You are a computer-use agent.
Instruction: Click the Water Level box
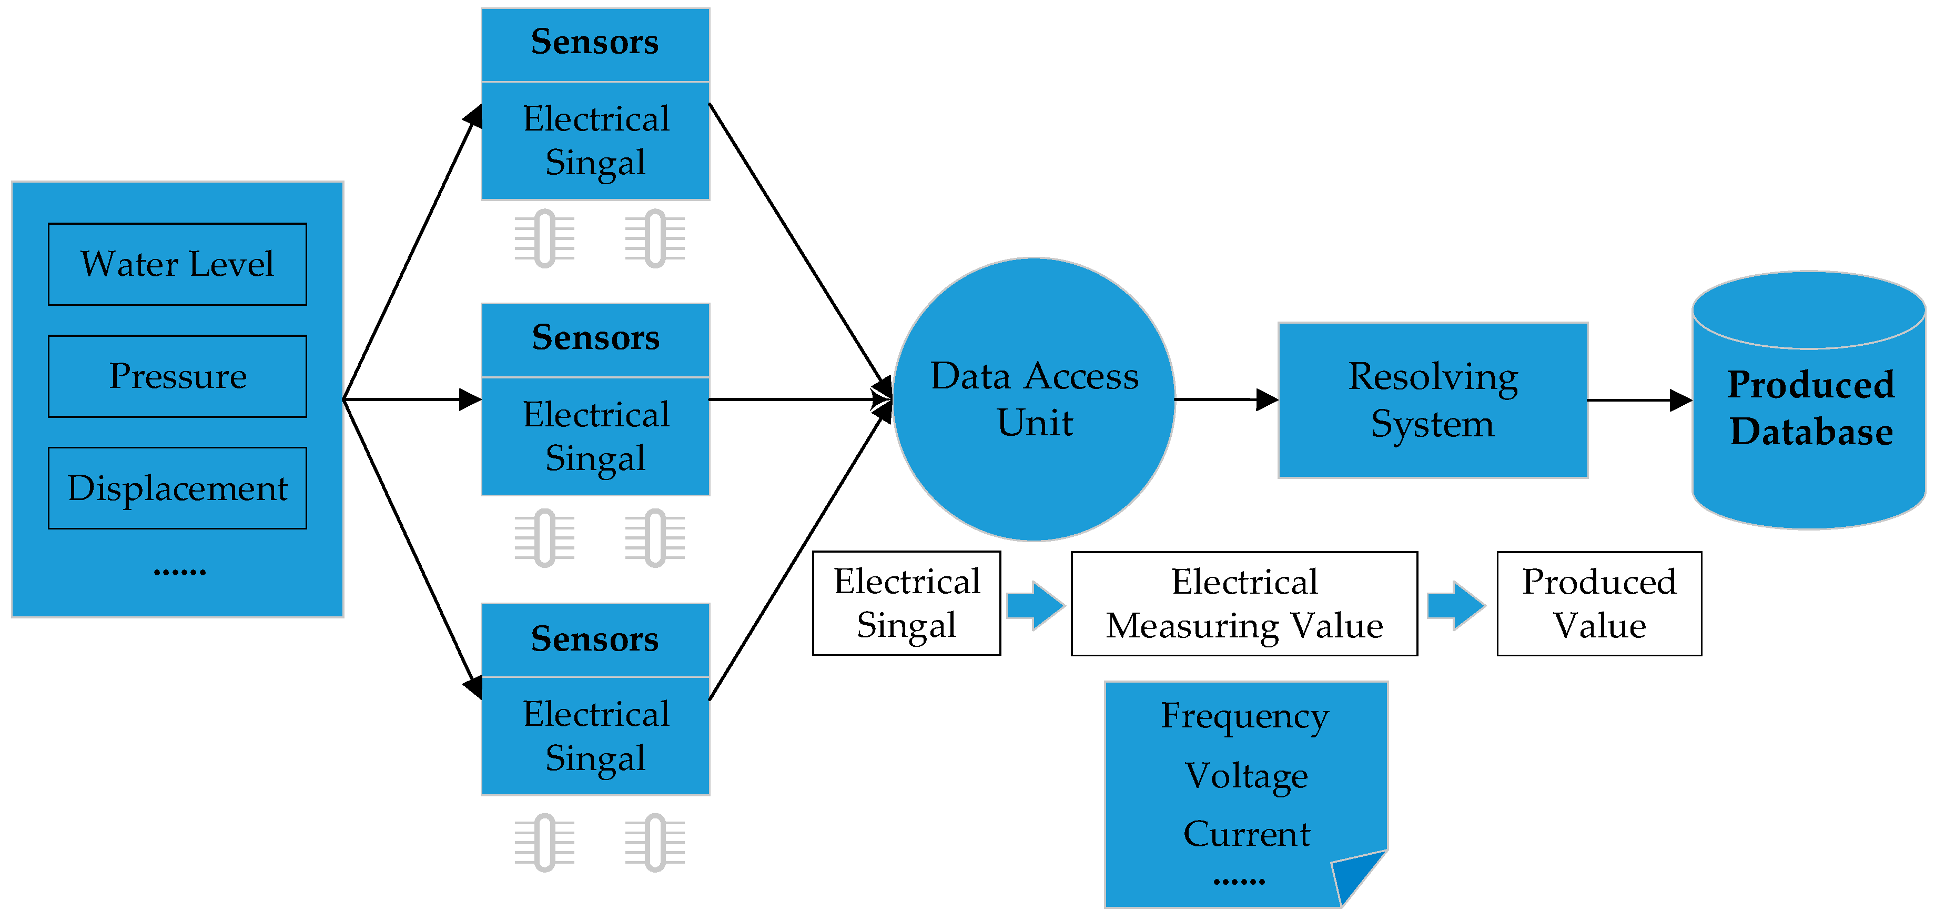tap(177, 264)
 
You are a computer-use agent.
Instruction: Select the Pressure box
tap(177, 376)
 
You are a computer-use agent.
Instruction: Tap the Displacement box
tap(177, 488)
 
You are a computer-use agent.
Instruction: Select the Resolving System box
tap(1433, 400)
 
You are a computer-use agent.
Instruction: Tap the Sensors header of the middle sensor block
tap(595, 339)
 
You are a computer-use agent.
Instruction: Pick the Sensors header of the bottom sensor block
tap(595, 639)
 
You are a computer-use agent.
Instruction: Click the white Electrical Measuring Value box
tap(1244, 604)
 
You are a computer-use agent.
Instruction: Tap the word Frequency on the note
tap(1244, 716)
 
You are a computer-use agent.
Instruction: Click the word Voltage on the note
tap(1245, 776)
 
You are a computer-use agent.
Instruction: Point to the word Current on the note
tap(1245, 834)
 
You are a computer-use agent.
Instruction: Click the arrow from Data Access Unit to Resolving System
tap(1226, 399)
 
